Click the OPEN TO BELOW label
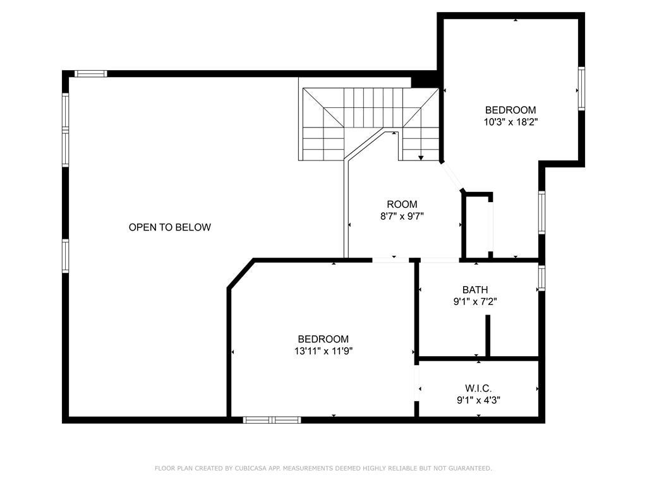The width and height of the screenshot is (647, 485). click(x=169, y=227)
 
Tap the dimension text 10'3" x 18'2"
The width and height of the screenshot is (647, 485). click(x=510, y=121)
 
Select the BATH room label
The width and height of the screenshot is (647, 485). click(x=475, y=290)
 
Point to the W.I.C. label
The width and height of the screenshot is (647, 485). click(x=478, y=388)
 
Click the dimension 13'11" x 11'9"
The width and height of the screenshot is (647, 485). click(x=323, y=351)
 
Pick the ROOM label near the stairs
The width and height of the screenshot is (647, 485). click(x=402, y=204)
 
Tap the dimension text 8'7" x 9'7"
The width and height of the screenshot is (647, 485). click(x=402, y=216)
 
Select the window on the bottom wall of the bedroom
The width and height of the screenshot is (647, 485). click(x=272, y=419)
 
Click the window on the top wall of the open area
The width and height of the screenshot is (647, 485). click(x=91, y=74)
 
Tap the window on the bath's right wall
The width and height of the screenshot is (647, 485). click(x=541, y=278)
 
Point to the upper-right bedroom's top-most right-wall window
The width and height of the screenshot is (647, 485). click(x=581, y=88)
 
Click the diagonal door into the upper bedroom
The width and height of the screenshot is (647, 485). click(x=452, y=176)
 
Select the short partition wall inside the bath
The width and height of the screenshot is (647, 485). click(x=488, y=335)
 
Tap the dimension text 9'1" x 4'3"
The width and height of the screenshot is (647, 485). click(x=478, y=400)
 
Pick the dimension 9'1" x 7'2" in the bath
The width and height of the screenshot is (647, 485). click(x=475, y=301)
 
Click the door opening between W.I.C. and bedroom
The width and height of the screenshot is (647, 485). click(x=416, y=383)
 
